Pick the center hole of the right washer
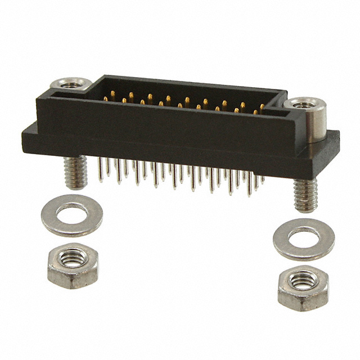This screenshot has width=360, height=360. tap(304, 238)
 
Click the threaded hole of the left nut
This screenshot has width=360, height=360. tap(72, 259)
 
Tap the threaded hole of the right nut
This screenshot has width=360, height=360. tap(303, 280)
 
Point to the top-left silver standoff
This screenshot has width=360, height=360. tap(70, 85)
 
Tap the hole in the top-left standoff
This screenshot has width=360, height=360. tap(71, 84)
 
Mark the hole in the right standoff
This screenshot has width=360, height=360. tap(304, 103)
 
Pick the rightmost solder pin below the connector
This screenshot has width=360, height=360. tap(262, 180)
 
